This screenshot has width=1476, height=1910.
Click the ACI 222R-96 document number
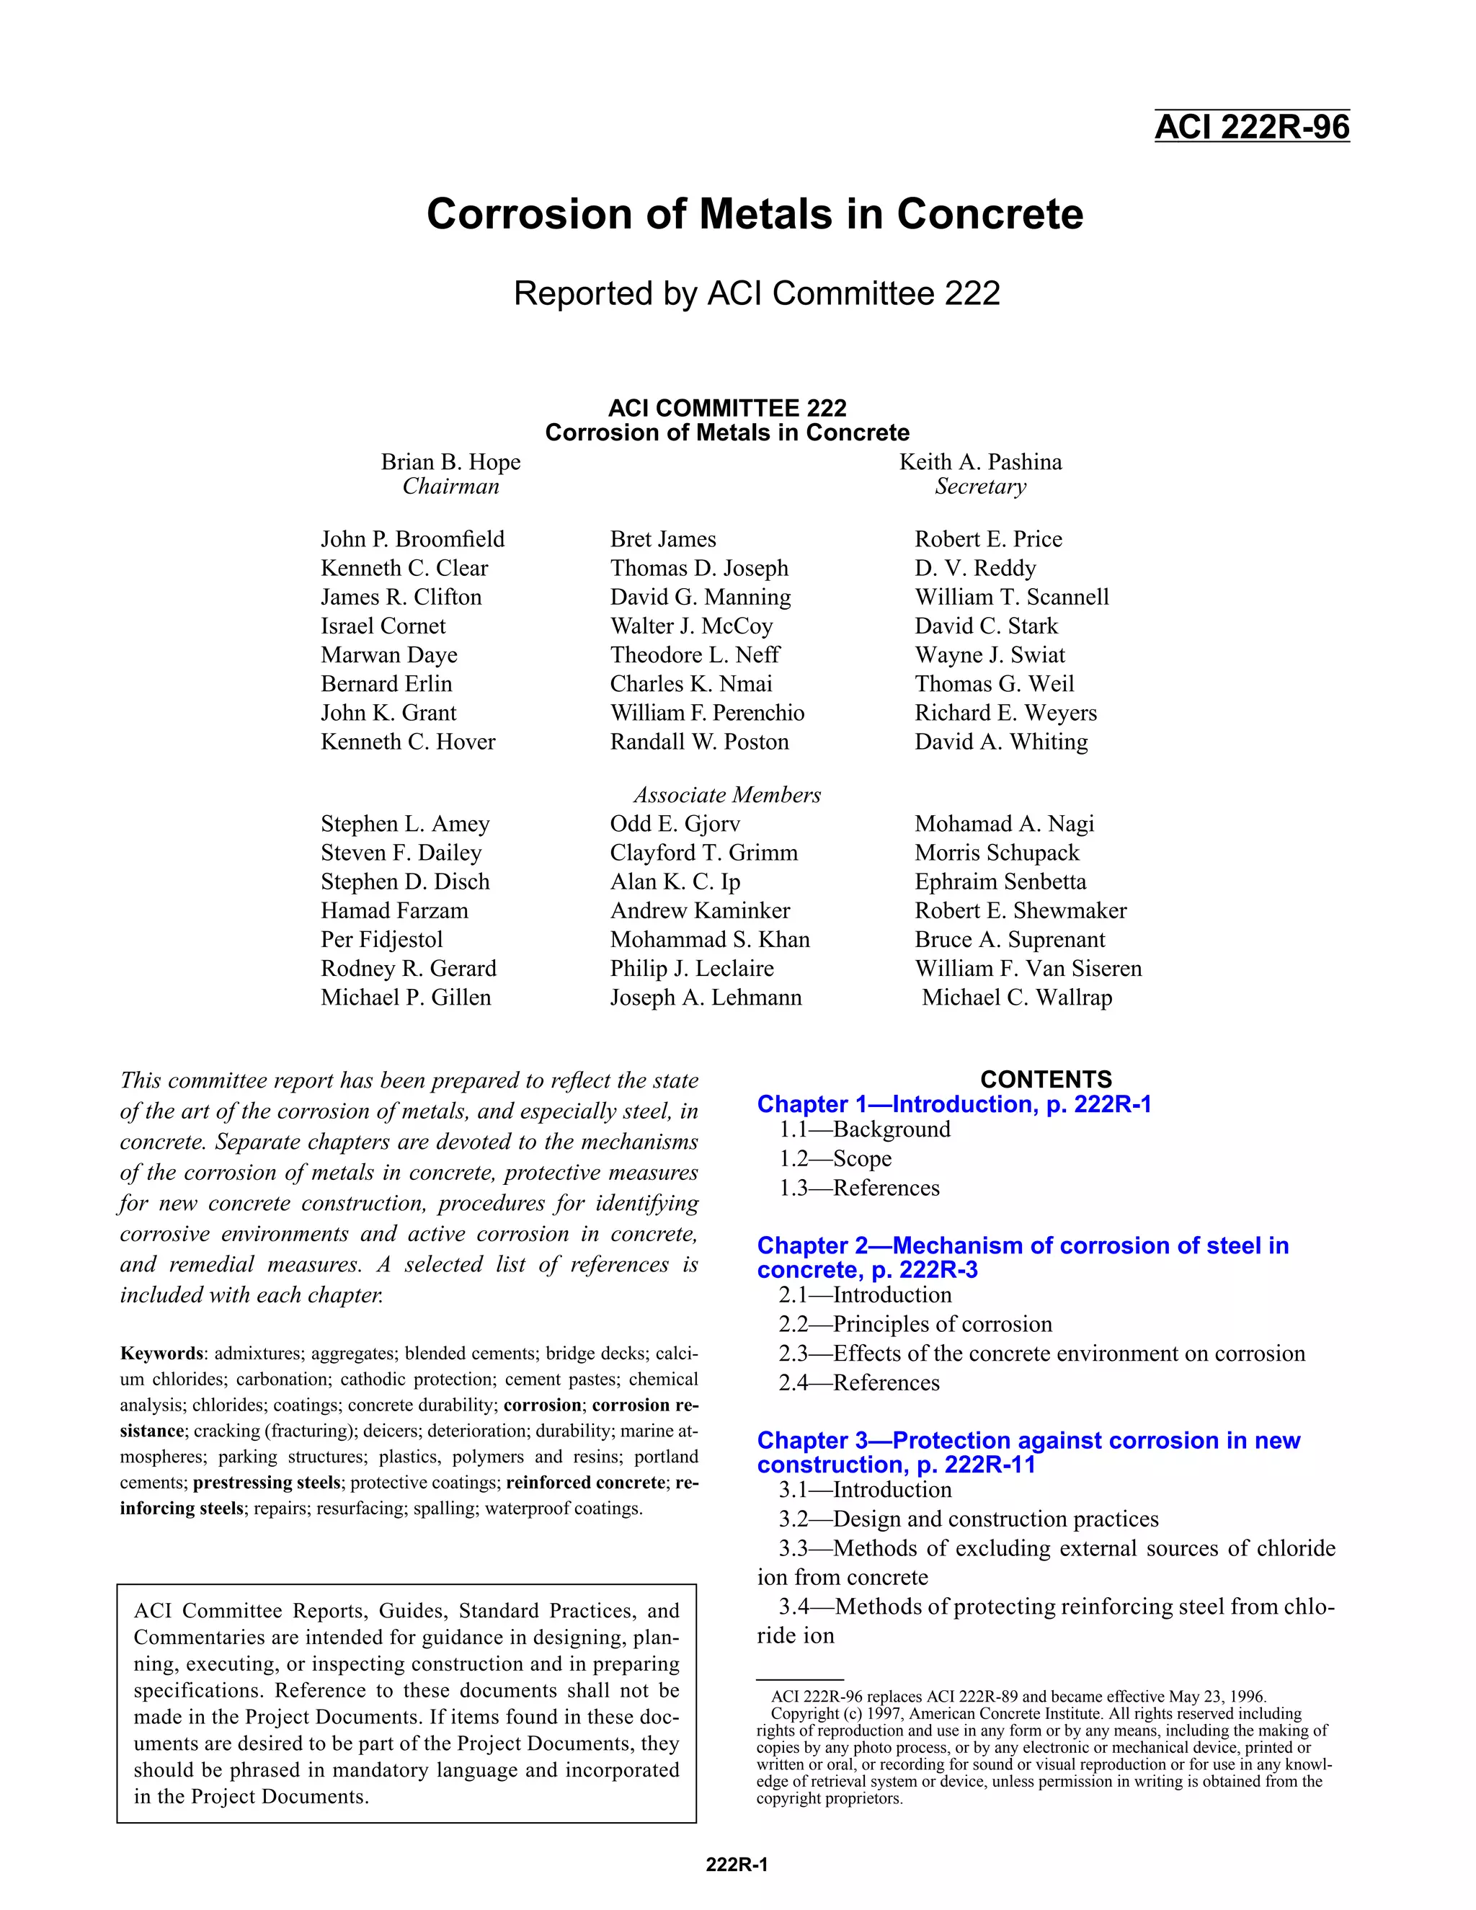coord(1251,128)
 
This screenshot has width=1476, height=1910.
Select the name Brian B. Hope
coord(450,462)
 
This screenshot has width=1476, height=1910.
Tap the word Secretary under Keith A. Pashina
coord(980,487)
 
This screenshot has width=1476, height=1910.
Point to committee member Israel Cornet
coord(383,626)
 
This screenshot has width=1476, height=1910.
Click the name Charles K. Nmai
coord(690,684)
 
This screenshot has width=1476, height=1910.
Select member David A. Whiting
coord(1001,742)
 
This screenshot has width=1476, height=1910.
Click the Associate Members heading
coord(726,795)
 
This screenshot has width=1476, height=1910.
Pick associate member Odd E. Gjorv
coord(675,824)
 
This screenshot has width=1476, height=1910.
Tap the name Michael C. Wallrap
coord(1017,997)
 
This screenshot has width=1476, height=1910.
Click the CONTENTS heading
coord(1046,1079)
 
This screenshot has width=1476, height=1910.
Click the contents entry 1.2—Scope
coord(835,1159)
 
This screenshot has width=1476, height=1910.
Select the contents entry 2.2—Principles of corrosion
coord(915,1324)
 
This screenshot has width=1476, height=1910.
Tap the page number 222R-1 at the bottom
coord(737,1865)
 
